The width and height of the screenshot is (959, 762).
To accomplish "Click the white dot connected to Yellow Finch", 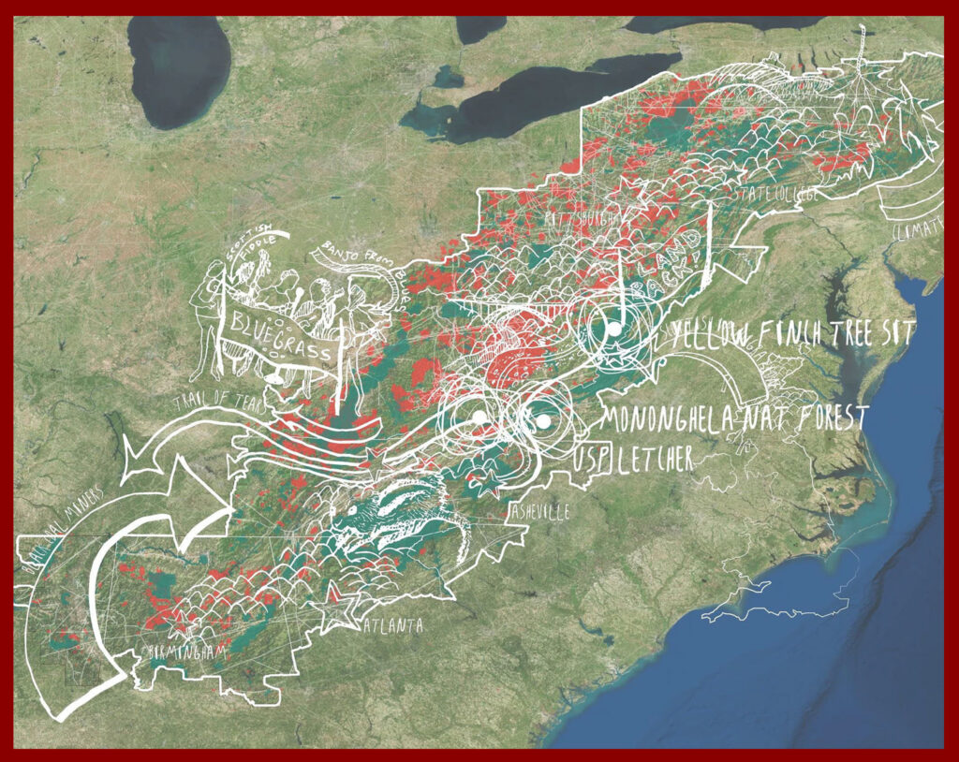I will (x=612, y=330).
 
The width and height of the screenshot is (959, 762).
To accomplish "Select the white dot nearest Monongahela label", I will (x=542, y=421).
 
